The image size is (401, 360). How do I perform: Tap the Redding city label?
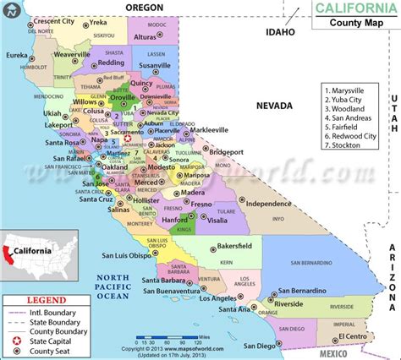click(110, 63)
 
